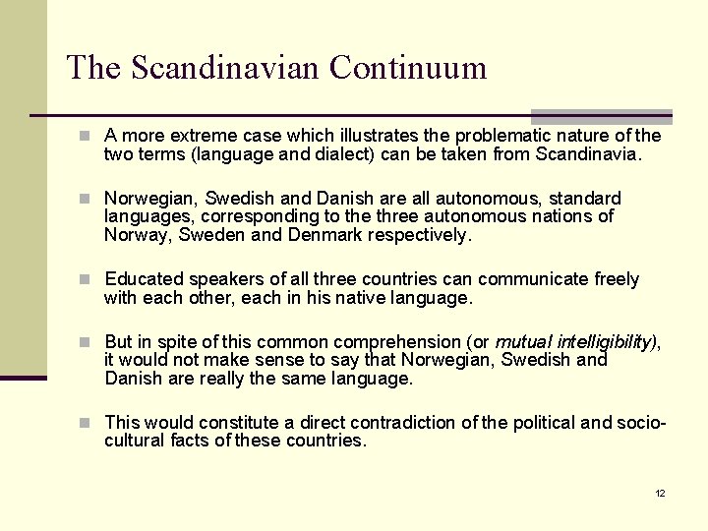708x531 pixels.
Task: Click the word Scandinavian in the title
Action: coord(226,68)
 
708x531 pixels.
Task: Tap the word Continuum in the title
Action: coord(408,68)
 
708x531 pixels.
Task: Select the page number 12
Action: coord(660,493)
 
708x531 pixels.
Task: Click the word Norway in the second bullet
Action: coord(135,235)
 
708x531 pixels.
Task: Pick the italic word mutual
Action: coord(524,342)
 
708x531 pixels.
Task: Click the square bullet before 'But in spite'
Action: coord(87,342)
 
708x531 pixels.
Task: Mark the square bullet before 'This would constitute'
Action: coord(87,423)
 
